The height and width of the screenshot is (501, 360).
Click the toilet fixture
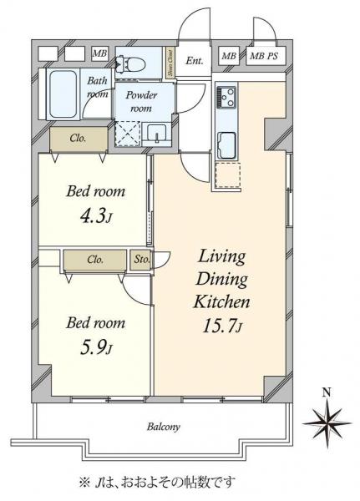(132, 63)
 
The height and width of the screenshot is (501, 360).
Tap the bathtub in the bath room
(63, 94)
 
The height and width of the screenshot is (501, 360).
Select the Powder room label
(141, 101)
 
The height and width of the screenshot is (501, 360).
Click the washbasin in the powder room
(156, 134)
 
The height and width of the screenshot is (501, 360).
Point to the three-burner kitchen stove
(226, 96)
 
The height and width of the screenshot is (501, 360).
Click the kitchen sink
(226, 144)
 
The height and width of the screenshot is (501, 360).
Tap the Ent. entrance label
(195, 60)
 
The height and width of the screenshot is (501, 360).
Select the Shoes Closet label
(170, 63)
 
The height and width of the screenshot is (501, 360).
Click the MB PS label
(263, 56)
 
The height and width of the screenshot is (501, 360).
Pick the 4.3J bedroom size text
(96, 217)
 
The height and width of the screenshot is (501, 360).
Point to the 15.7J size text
(223, 326)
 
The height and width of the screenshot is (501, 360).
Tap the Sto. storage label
(142, 260)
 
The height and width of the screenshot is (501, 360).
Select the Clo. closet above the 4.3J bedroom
(78, 139)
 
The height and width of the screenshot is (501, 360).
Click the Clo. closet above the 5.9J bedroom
(95, 260)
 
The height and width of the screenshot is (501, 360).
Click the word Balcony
(164, 427)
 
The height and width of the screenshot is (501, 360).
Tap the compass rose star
(327, 423)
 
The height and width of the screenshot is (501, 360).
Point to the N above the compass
(327, 392)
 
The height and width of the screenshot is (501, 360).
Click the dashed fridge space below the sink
(228, 175)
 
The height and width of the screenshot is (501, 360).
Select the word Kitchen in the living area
(221, 301)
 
